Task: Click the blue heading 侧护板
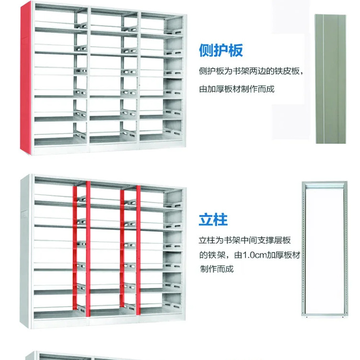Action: pos(221,50)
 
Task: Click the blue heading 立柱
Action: pos(213,220)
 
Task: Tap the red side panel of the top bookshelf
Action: pos(25,79)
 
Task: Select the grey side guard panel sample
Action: pos(330,79)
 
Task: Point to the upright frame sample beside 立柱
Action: pos(324,250)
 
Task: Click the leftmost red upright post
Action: pos(75,247)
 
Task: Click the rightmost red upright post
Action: pos(138,250)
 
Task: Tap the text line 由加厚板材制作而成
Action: pos(237,89)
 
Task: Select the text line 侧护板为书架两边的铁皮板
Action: pos(251,71)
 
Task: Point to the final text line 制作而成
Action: pos(217,269)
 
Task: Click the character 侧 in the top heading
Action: pos(206,50)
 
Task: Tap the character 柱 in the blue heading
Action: pos(221,220)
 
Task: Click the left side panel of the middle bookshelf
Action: pos(27,250)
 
